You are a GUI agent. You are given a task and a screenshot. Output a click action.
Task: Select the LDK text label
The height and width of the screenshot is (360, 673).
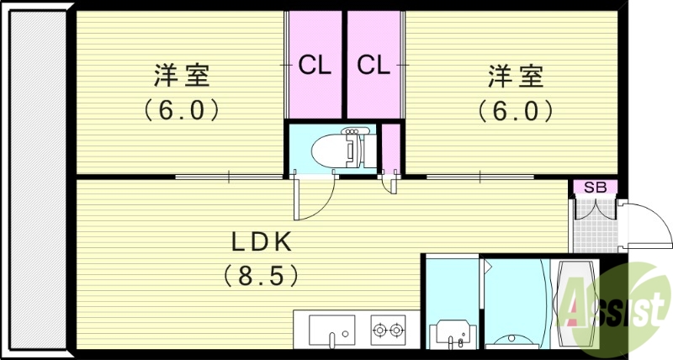pos(262,242)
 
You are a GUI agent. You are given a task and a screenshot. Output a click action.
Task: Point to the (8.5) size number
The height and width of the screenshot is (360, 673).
pos(262,274)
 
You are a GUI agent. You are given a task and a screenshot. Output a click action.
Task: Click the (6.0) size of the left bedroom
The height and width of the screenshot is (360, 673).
pos(180,109)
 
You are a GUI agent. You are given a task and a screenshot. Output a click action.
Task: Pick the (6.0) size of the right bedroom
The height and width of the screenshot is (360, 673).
pos(515,109)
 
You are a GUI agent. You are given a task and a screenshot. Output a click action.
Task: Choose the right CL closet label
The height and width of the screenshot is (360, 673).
pos(374,65)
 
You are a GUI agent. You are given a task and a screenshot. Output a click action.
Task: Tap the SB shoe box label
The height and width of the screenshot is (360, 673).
pos(595,187)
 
